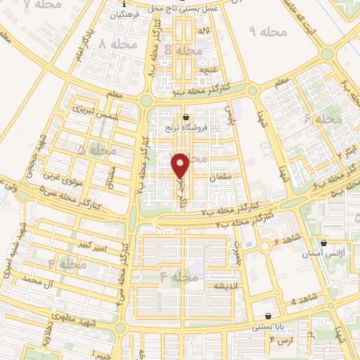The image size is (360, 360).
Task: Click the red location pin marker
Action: click(x=181, y=164)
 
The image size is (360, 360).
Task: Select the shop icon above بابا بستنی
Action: click(x=268, y=316)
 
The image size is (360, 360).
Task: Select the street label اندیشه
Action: click(x=229, y=287)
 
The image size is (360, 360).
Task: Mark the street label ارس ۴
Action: click(x=281, y=340)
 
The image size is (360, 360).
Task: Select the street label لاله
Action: click(x=204, y=32)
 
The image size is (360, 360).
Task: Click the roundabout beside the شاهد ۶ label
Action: click(x=266, y=247)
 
